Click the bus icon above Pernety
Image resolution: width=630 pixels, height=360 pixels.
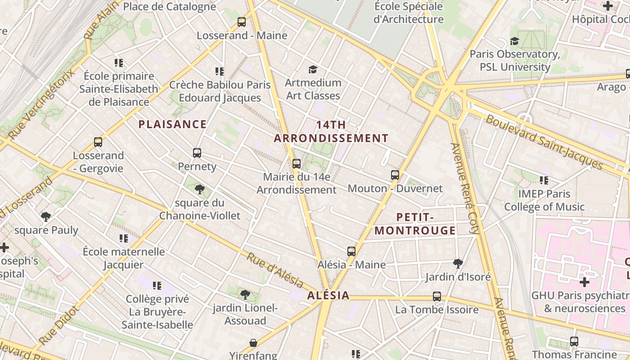(x=197, y=153)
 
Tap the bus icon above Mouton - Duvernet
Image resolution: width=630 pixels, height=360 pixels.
(x=395, y=175)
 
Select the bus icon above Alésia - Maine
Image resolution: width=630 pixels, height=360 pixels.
(x=351, y=251)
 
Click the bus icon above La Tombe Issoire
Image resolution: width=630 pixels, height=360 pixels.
(x=437, y=296)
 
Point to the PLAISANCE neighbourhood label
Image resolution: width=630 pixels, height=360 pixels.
(x=172, y=124)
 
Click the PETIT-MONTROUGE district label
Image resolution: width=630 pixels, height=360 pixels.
(x=415, y=224)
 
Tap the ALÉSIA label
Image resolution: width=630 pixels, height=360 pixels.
(x=328, y=295)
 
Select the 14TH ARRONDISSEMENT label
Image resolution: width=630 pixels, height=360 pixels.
(x=331, y=131)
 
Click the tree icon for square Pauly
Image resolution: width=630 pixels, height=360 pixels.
(x=46, y=217)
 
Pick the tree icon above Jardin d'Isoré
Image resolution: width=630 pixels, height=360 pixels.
(x=458, y=263)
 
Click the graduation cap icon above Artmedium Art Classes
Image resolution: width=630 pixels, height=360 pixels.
(x=313, y=69)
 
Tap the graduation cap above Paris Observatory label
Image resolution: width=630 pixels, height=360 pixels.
(x=514, y=41)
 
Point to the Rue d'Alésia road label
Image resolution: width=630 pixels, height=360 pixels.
(x=274, y=270)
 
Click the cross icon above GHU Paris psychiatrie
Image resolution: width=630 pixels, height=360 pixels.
(x=584, y=282)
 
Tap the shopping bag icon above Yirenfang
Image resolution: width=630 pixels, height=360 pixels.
(x=253, y=343)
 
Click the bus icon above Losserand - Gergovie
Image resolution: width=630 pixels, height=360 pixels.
(x=98, y=142)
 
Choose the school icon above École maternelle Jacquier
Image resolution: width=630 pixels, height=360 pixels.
(x=124, y=238)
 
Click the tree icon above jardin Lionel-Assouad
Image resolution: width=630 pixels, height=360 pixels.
(x=245, y=295)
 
